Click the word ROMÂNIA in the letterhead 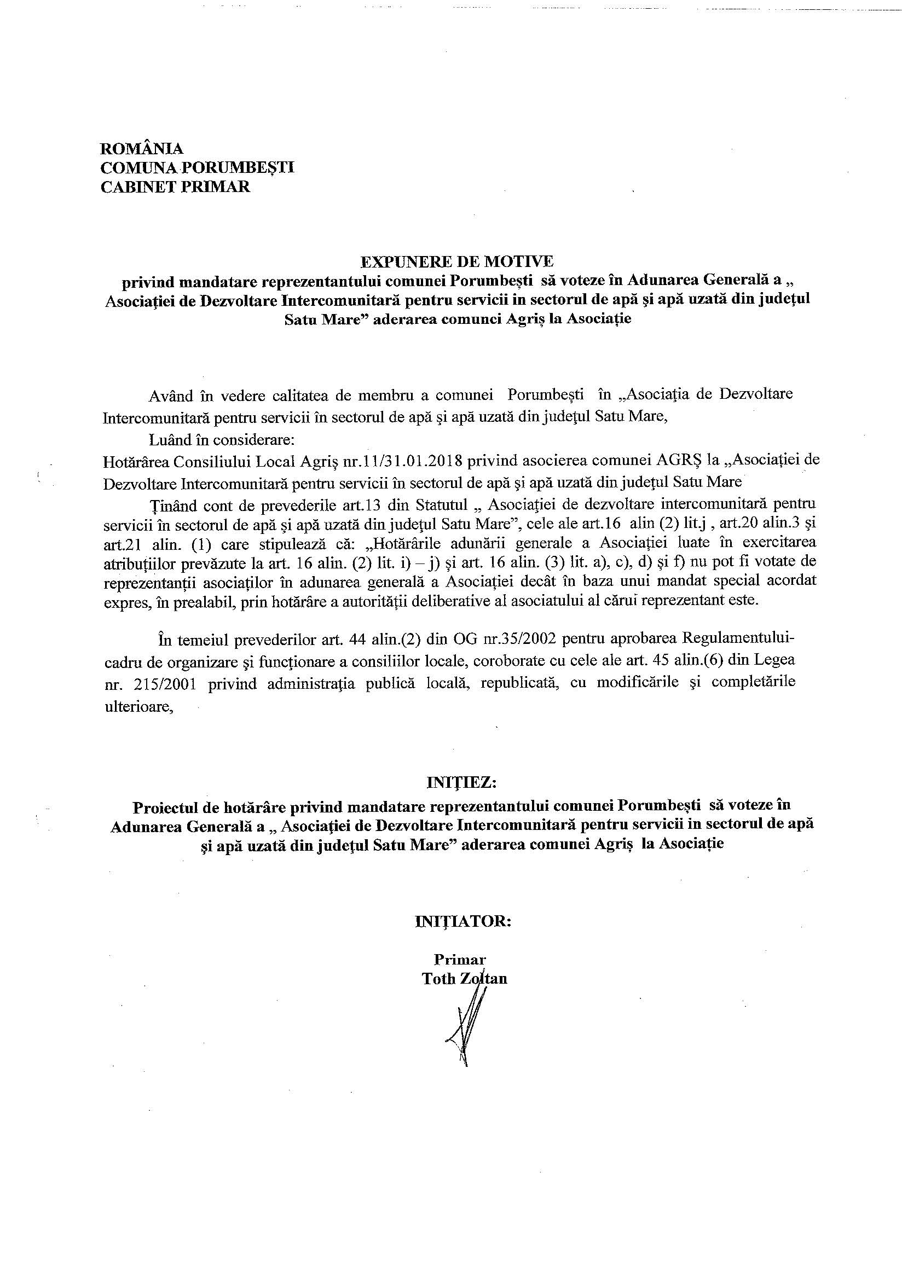pyautogui.click(x=141, y=149)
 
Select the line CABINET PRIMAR pyautogui.click(x=175, y=187)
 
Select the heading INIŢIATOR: pyautogui.click(x=462, y=921)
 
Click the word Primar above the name pyautogui.click(x=460, y=960)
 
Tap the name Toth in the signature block pyautogui.click(x=439, y=979)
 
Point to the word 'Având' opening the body pyautogui.click(x=170, y=394)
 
